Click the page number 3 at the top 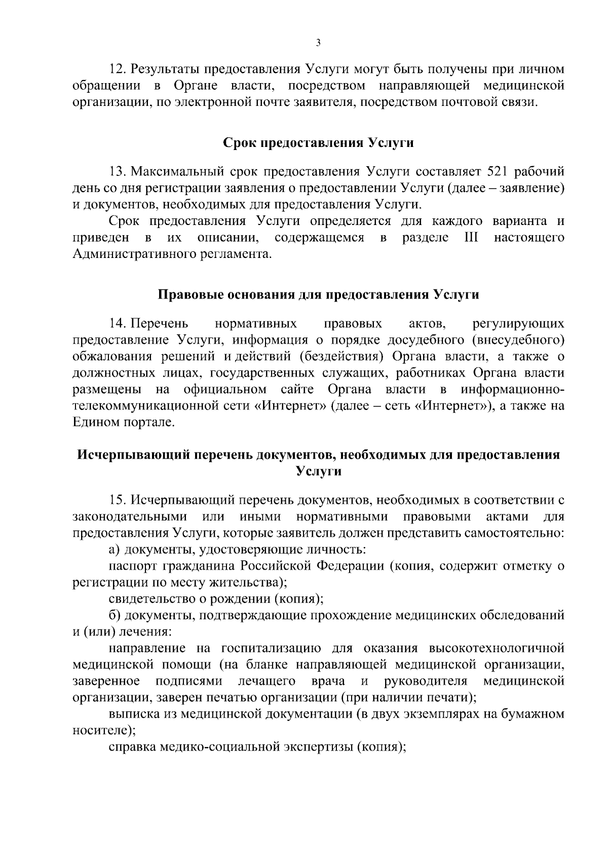(318, 43)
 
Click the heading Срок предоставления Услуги (319, 143)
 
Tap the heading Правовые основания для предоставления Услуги (319, 295)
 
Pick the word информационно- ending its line (512, 390)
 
